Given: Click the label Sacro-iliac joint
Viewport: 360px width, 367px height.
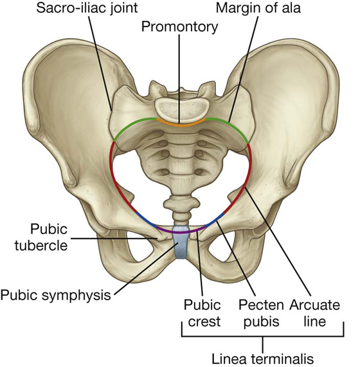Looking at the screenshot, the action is [87, 8].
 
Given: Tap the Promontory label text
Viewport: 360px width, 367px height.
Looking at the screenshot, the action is [179, 27].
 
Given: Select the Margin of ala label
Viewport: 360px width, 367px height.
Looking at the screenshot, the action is [258, 8].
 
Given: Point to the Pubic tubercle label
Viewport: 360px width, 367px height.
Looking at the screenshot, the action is [41, 237].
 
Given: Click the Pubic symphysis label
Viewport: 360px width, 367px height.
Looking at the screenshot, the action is [56, 296].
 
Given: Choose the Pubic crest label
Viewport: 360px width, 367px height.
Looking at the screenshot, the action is [203, 313].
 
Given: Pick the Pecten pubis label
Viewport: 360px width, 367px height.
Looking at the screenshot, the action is [261, 313].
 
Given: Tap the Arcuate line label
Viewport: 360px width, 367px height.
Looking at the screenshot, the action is [314, 313].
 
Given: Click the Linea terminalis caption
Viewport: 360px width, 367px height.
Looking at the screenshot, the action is [263, 359].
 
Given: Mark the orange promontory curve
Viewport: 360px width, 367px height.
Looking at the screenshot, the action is [181, 125].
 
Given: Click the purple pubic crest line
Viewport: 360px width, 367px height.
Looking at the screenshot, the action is [181, 231].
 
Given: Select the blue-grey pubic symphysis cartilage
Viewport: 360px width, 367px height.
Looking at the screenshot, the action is [181, 242].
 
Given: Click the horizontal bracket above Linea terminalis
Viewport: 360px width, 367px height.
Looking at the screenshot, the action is [263, 336].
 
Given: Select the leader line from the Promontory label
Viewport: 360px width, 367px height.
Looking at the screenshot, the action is [179, 78].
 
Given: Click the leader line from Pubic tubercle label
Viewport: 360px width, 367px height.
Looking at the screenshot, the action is [114, 238].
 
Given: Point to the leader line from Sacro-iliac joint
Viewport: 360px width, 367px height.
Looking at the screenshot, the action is [100, 63].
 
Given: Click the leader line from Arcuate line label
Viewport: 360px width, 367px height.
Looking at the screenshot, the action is [278, 242].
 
